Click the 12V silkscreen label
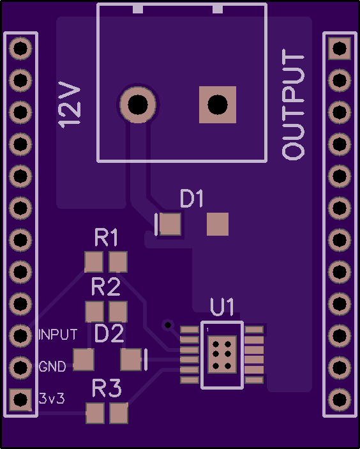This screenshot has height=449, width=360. click(70, 105)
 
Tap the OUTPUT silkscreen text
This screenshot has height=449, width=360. click(293, 104)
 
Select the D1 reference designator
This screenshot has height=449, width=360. click(191, 198)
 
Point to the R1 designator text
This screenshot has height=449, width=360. click(106, 238)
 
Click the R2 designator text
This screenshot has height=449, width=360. click(106, 287)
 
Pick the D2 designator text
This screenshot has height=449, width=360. click(109, 333)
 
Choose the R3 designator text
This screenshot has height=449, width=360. click(107, 388)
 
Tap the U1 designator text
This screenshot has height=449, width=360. click(222, 307)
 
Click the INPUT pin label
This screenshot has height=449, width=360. click(58, 335)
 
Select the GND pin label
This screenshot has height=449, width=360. click(52, 367)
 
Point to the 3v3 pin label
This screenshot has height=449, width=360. click(52, 399)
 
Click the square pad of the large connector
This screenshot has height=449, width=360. click(218, 105)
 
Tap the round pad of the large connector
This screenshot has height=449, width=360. click(138, 105)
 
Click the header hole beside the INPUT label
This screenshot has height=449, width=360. click(20, 335)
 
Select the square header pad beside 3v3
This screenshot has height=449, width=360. click(20, 399)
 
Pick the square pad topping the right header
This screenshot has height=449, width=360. click(340, 49)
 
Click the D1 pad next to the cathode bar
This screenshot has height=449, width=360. click(170, 224)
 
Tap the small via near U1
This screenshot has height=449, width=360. click(168, 325)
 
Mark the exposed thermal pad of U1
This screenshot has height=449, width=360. click(222, 354)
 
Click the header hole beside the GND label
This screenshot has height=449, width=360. click(20, 367)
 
